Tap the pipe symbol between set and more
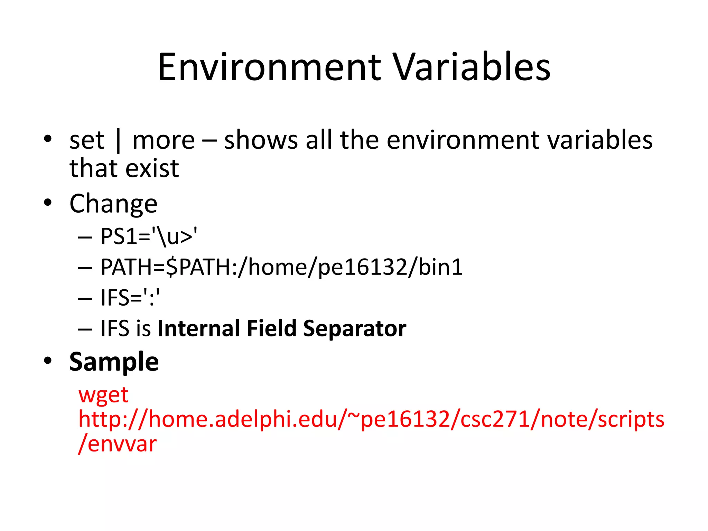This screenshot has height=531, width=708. coord(119,141)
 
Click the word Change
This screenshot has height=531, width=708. coord(113,204)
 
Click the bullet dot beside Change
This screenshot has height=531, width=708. coord(48,203)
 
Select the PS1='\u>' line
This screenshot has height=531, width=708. coord(149,237)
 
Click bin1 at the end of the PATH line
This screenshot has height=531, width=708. coord(440,267)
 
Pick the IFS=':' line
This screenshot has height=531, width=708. coord(130,298)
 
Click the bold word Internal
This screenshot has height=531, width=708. coord(198,328)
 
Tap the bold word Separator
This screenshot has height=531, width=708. coord(354,328)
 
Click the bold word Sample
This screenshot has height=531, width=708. coord(114,362)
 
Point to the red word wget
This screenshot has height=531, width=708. coord(103,395)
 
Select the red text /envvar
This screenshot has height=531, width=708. coord(118,444)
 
